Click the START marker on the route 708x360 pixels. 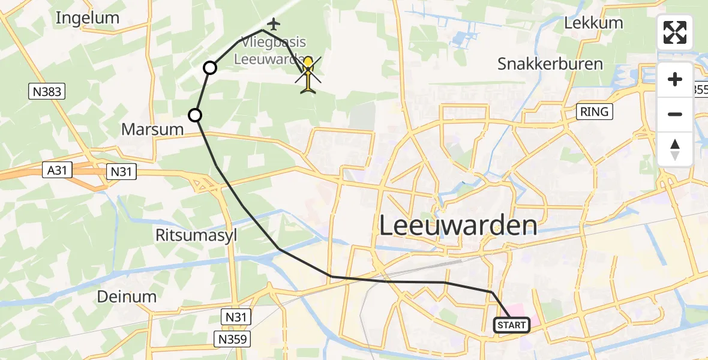(512, 325)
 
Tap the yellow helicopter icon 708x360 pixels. (308, 76)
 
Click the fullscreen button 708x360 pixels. (675, 32)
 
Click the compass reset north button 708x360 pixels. (675, 149)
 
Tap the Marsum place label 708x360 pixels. (152, 128)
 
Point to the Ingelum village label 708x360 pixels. (88, 18)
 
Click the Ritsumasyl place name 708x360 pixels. (196, 235)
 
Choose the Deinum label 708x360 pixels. (127, 296)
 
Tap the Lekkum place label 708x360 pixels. (594, 23)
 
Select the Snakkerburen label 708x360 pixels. (550, 64)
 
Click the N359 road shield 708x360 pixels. (230, 340)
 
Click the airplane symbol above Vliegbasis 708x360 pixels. (274, 25)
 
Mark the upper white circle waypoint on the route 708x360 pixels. (210, 68)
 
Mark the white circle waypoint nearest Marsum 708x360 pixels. (195, 115)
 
